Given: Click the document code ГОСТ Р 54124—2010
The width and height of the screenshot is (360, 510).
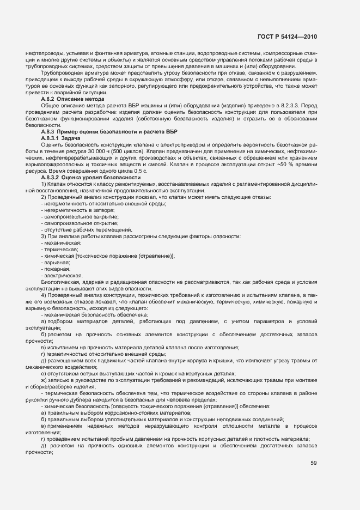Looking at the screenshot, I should pyautogui.click(x=287, y=37).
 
